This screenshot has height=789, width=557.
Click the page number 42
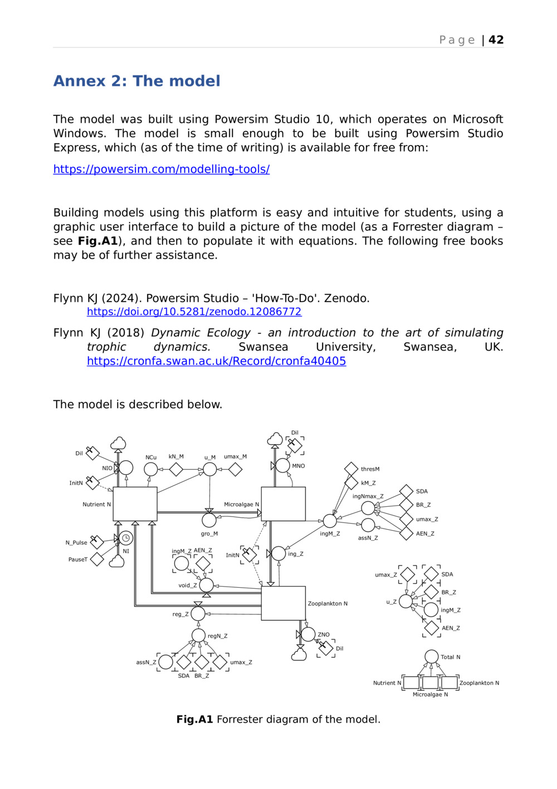pyautogui.click(x=496, y=40)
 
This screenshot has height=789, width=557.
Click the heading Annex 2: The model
pyautogui.click(x=136, y=81)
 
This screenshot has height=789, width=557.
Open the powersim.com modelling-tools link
pyautogui.click(x=162, y=169)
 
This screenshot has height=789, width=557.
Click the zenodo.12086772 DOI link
pyautogui.click(x=194, y=312)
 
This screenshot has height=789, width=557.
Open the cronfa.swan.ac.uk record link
pyautogui.click(x=216, y=361)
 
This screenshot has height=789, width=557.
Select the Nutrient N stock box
pyautogui.click(x=135, y=504)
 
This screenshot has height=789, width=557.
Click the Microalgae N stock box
pyautogui.click(x=283, y=504)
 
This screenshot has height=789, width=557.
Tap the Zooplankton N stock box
pyautogui.click(x=283, y=603)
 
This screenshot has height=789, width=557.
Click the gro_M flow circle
pyautogui.click(x=209, y=520)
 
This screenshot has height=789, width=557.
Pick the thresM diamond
pyautogui.click(x=351, y=469)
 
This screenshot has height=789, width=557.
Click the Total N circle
pyautogui.click(x=431, y=657)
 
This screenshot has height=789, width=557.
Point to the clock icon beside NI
pyautogui.click(x=126, y=538)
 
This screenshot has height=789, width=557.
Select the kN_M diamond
pyautogui.click(x=176, y=469)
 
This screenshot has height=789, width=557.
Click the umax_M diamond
pyautogui.click(x=235, y=469)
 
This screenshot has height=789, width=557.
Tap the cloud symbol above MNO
pyautogui.click(x=275, y=440)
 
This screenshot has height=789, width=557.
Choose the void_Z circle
pyautogui.click(x=206, y=585)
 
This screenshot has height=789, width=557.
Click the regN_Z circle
pyautogui.click(x=198, y=635)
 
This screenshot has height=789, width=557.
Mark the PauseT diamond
pyautogui.click(x=97, y=559)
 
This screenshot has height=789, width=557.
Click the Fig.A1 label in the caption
pyautogui.click(x=194, y=719)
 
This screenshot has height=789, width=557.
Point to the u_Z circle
pyautogui.click(x=406, y=601)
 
